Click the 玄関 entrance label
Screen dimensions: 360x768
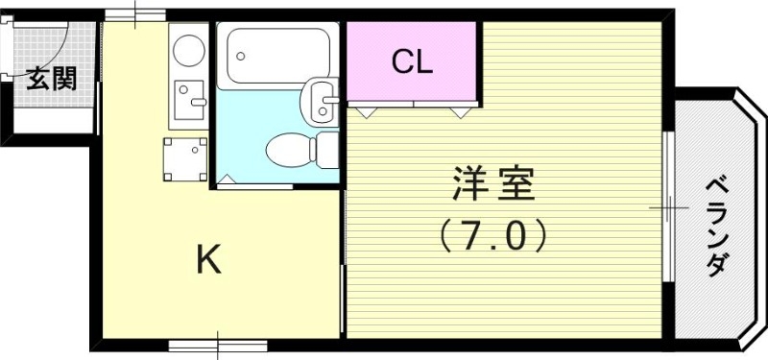point(50,79)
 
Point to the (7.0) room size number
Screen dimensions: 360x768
point(493,234)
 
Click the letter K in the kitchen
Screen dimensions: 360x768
point(209,259)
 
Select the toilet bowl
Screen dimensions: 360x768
point(288,150)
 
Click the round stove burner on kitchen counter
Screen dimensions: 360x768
point(188,50)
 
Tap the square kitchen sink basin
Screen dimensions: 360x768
point(189,97)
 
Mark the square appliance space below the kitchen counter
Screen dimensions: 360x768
point(183,159)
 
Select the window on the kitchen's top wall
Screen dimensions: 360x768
point(134,14)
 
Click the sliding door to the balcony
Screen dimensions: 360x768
point(668,206)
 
